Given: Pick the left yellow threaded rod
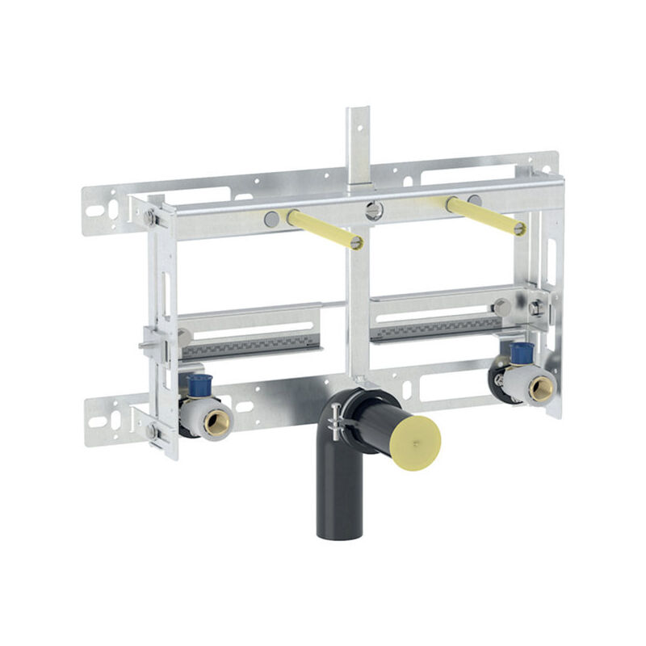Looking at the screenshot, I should coord(323,229).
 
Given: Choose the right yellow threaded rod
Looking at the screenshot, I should coord(484,216).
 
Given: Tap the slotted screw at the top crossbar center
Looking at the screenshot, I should coord(372,211).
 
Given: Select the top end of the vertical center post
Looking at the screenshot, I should coord(359,112).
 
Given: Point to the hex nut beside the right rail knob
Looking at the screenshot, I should coord(535,307).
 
